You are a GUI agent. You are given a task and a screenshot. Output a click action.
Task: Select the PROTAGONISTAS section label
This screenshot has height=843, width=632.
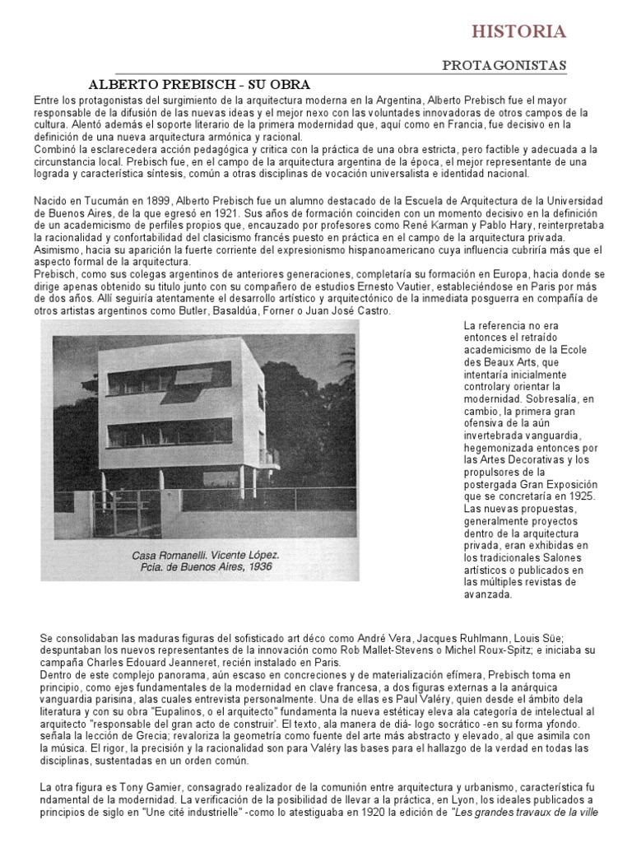[504, 65]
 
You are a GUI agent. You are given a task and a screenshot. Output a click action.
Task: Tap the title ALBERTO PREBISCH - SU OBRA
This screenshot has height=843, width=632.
[199, 85]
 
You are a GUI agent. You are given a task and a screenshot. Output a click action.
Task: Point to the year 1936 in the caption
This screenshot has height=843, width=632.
[258, 567]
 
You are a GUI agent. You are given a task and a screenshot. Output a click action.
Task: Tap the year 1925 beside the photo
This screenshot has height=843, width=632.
[581, 496]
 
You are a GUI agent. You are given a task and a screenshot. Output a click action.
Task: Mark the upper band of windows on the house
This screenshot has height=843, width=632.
[170, 380]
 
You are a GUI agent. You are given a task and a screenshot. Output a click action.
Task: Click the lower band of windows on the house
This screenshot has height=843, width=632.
[170, 432]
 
